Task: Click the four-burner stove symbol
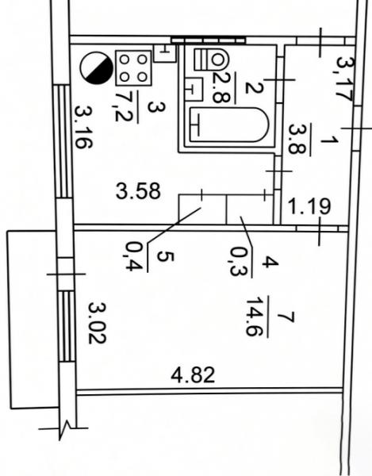pyautogui.click(x=133, y=68)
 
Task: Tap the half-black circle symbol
pyautogui.click(x=97, y=68)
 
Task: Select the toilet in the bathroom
pyautogui.click(x=211, y=59)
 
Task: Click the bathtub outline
pyautogui.click(x=229, y=125)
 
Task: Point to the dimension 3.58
pyautogui.click(x=138, y=191)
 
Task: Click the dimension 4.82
pyautogui.click(x=193, y=375)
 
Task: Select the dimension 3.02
pyautogui.click(x=97, y=323)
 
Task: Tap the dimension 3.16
pyautogui.click(x=83, y=127)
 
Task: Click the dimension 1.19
pyautogui.click(x=309, y=206)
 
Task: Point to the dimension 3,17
pyautogui.click(x=345, y=79)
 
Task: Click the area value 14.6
pyautogui.click(x=254, y=317)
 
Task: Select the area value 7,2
pyautogui.click(x=124, y=107)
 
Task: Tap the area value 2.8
pyautogui.click(x=221, y=88)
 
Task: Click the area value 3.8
pyautogui.click(x=297, y=139)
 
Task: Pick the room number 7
pyautogui.click(x=286, y=317)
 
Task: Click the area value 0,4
pyautogui.click(x=134, y=256)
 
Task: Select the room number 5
pyautogui.click(x=165, y=256)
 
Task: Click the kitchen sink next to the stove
pyautogui.click(x=165, y=53)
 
